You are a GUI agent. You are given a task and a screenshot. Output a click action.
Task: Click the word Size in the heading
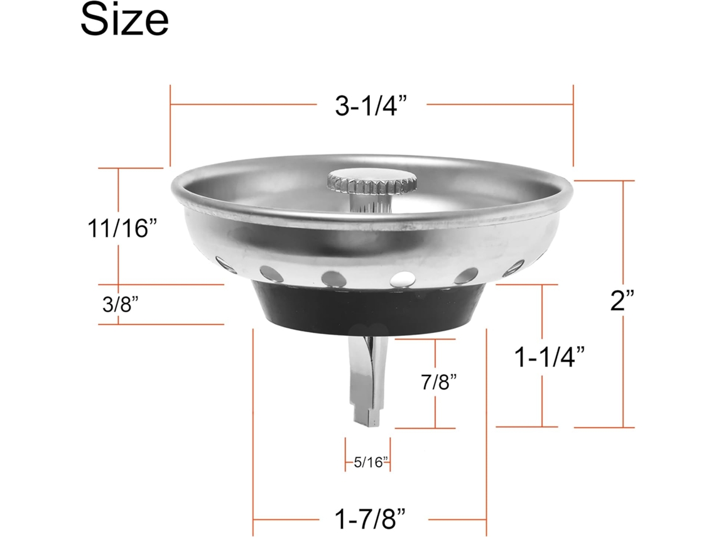click(x=124, y=19)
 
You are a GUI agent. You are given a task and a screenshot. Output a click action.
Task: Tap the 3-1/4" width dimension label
click(x=371, y=106)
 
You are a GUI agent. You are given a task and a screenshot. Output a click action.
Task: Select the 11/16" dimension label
click(x=122, y=228)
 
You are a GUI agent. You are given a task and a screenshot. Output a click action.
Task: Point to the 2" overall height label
click(x=622, y=300)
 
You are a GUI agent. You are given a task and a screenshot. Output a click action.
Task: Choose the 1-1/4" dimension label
click(x=550, y=357)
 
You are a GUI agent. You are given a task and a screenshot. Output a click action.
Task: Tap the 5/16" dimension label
click(x=371, y=462)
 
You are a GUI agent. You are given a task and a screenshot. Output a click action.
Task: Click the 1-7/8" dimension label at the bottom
click(x=370, y=519)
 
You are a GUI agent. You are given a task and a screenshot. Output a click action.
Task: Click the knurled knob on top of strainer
click(x=372, y=181)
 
